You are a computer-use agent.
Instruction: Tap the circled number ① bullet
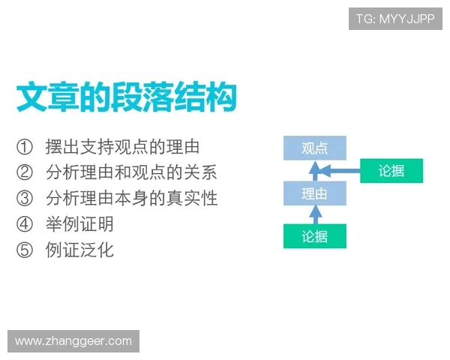point(25,146)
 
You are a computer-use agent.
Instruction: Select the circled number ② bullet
point(25,172)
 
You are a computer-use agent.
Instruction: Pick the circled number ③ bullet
point(25,198)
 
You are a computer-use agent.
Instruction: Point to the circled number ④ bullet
point(25,223)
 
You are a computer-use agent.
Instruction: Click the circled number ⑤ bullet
point(25,250)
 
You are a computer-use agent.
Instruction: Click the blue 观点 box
point(314,148)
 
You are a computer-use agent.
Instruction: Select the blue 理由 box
point(314,193)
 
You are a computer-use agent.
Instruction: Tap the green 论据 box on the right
point(391,171)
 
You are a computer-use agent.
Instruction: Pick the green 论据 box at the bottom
point(315,237)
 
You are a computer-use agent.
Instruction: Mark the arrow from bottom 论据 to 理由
point(315,215)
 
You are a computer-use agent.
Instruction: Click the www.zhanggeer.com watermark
point(73,341)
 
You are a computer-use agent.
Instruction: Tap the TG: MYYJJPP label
point(395,19)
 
